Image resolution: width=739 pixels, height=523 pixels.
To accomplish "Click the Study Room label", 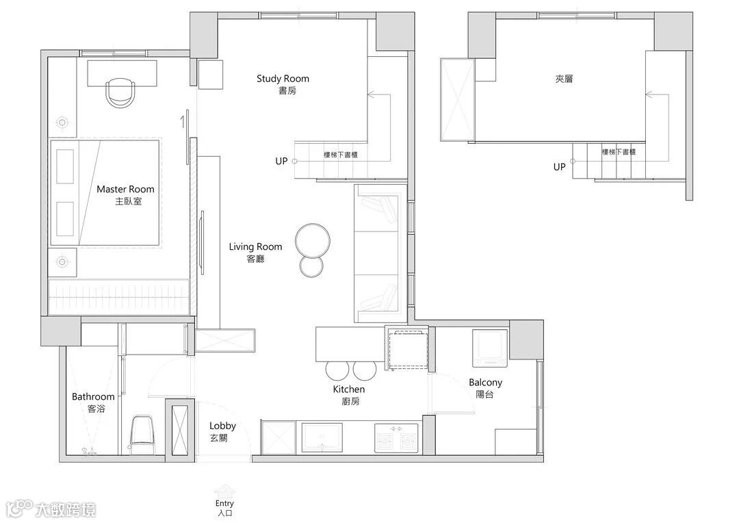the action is tap(283, 79).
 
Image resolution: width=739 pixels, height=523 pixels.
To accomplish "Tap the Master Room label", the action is tap(125, 189).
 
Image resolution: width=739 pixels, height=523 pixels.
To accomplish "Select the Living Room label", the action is tap(255, 246).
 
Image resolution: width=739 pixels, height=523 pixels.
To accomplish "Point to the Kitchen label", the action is tap(349, 389).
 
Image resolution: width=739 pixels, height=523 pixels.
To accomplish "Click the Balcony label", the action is tap(485, 383).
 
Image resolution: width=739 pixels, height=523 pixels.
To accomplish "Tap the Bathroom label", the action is tap(93, 396).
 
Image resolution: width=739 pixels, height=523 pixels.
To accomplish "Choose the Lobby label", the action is tap(222, 426).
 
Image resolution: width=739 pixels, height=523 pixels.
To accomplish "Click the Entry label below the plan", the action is tap(224, 503).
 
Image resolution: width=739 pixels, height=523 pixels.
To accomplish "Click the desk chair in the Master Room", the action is tap(120, 92).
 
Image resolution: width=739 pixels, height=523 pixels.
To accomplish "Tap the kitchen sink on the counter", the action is tap(322, 437).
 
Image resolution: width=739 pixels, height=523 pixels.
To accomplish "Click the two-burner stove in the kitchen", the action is tap(396, 437).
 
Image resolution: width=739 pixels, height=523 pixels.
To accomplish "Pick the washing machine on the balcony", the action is tap(490, 348).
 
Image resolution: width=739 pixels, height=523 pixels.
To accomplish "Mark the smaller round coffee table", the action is tap(311, 266).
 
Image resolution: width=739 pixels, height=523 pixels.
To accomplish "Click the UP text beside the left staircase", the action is tap(281, 162).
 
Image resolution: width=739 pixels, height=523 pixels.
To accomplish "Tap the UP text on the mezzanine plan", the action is tap(560, 167).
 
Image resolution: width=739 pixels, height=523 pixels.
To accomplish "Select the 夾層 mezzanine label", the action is tap(564, 79).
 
